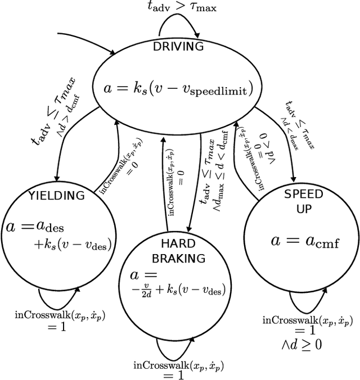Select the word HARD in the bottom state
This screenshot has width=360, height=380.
178,244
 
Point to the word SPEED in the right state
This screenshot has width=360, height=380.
303,195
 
